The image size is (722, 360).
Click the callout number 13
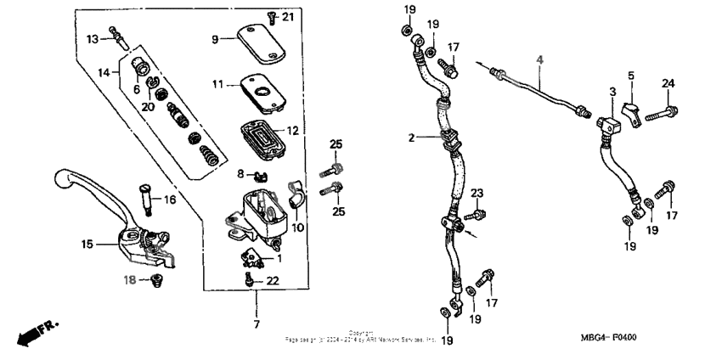92,37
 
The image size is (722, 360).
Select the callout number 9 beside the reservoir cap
216,38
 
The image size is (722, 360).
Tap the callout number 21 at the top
287,17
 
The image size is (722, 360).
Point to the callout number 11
217,85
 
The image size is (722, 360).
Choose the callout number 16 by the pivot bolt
169,200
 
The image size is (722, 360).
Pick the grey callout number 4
538,59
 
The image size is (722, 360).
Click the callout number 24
668,82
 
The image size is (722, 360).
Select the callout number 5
631,76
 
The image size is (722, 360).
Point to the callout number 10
298,228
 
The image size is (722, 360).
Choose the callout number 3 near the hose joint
612,91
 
